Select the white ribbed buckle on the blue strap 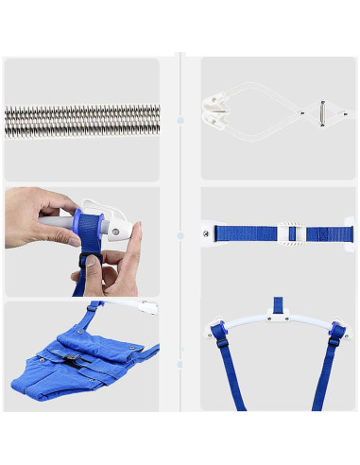(292, 232)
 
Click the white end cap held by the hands (117, 229)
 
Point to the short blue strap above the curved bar (278, 304)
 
